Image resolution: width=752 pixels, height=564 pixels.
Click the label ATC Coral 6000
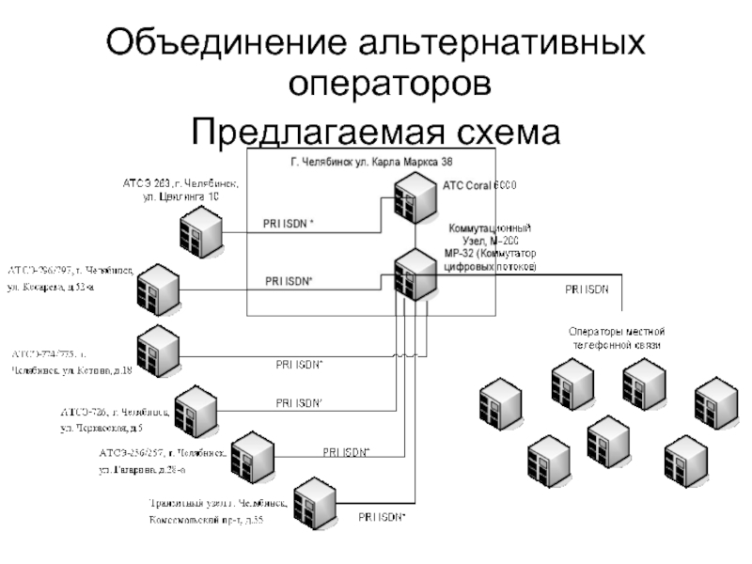tap(479, 185)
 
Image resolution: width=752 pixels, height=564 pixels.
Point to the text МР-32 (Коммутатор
tap(491, 254)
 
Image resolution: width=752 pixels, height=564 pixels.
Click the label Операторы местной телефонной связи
tap(617, 338)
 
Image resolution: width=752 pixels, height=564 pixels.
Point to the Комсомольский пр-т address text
tap(206, 519)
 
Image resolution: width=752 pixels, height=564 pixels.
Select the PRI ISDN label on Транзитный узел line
tap(382, 517)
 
